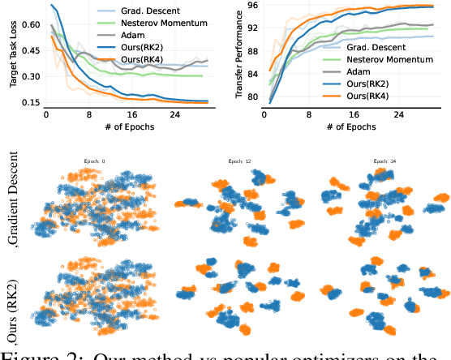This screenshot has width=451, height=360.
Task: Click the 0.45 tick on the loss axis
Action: [x=29, y=51]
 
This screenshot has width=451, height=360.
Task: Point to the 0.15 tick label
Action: [x=29, y=103]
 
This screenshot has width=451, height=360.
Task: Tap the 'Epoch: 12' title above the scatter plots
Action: [x=240, y=162]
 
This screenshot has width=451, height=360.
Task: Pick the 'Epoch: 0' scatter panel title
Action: [x=94, y=162]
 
